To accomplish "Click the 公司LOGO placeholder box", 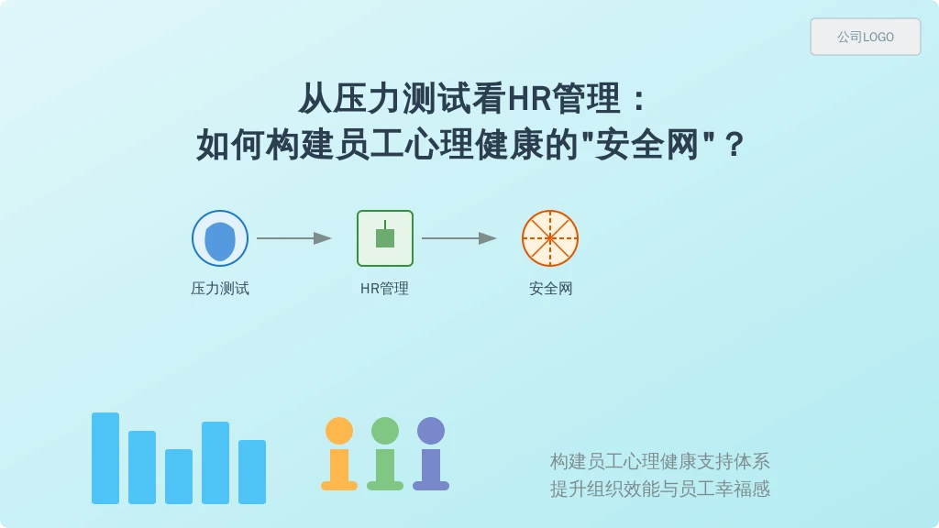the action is (866, 37).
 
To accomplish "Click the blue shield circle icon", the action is (220, 238).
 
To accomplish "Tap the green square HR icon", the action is (385, 238).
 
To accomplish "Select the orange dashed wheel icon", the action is (550, 238).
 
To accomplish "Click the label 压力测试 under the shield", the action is (220, 289).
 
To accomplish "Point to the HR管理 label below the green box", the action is (384, 289).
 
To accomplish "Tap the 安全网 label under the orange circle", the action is (550, 289).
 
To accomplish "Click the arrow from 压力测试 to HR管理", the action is (294, 238).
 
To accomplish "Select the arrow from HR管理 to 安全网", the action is (459, 238).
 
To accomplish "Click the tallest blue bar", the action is (105, 458).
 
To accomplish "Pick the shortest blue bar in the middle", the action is (179, 477).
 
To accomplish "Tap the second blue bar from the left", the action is (142, 467).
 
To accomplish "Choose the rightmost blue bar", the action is (252, 472).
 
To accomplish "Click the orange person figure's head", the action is (339, 431).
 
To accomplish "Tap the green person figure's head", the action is (385, 431).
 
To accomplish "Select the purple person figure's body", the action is (431, 469).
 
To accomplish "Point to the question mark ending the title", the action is (734, 145).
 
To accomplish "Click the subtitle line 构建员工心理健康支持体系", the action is (660, 462).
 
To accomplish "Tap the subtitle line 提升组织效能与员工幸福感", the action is (660, 489).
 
